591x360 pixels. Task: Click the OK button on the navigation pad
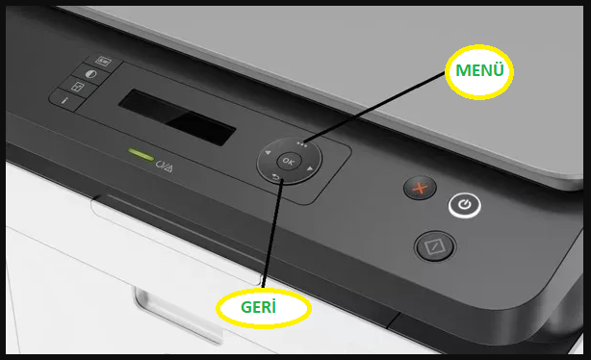pos(289,162)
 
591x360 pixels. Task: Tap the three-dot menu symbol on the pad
pos(301,144)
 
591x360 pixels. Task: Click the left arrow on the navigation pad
pos(268,152)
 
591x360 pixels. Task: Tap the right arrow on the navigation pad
pos(310,168)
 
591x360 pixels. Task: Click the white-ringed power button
pos(465,205)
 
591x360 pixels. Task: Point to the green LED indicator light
pos(141,154)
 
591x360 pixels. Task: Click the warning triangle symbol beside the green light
pos(168,167)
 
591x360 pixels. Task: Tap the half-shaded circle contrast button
pos(90,74)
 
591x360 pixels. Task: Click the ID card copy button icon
pos(103,61)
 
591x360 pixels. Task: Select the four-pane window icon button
pos(77,88)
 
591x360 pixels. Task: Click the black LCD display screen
pos(177,117)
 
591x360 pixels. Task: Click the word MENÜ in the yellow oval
pos(479,70)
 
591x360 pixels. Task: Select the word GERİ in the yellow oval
pos(258,307)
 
